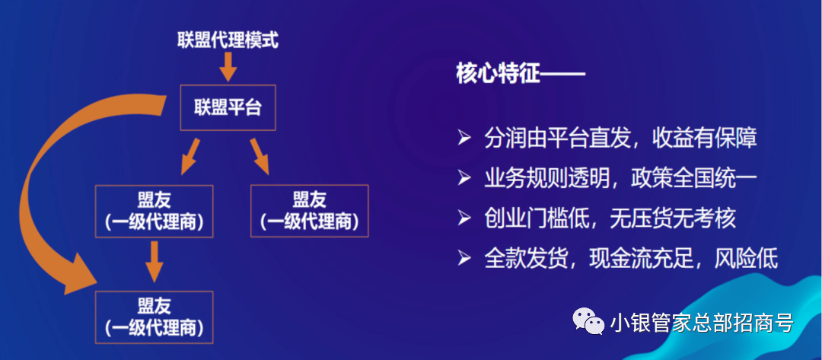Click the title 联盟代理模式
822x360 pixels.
tap(228, 40)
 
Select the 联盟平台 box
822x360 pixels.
tap(228, 107)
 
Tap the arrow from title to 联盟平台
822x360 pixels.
tap(228, 66)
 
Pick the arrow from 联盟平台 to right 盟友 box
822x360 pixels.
tap(260, 156)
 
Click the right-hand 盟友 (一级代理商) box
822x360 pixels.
tap(309, 211)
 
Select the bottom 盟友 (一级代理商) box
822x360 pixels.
tap(154, 317)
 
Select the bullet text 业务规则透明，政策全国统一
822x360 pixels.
tap(621, 178)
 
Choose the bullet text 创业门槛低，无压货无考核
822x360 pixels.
tap(610, 218)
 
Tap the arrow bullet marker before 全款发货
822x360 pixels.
tap(464, 258)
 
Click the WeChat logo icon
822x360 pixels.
tap(588, 320)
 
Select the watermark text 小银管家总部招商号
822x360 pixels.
tap(702, 322)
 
